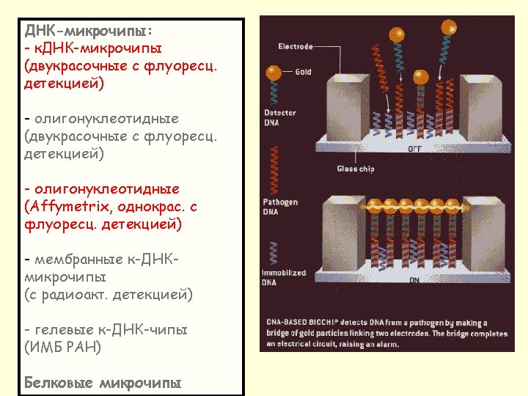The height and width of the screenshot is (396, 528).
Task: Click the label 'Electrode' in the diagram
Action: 296,47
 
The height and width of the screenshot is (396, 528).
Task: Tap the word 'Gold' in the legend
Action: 304,72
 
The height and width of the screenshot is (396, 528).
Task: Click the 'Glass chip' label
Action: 356,169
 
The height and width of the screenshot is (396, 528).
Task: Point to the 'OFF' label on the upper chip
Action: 414,148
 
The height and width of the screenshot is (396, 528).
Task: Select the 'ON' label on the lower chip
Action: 414,279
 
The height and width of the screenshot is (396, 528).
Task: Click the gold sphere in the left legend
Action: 274,72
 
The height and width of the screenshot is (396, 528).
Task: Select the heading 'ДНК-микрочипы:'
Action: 89,31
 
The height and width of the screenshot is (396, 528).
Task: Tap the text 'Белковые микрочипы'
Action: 103,383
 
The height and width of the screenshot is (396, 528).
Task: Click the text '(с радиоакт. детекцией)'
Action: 109,295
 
